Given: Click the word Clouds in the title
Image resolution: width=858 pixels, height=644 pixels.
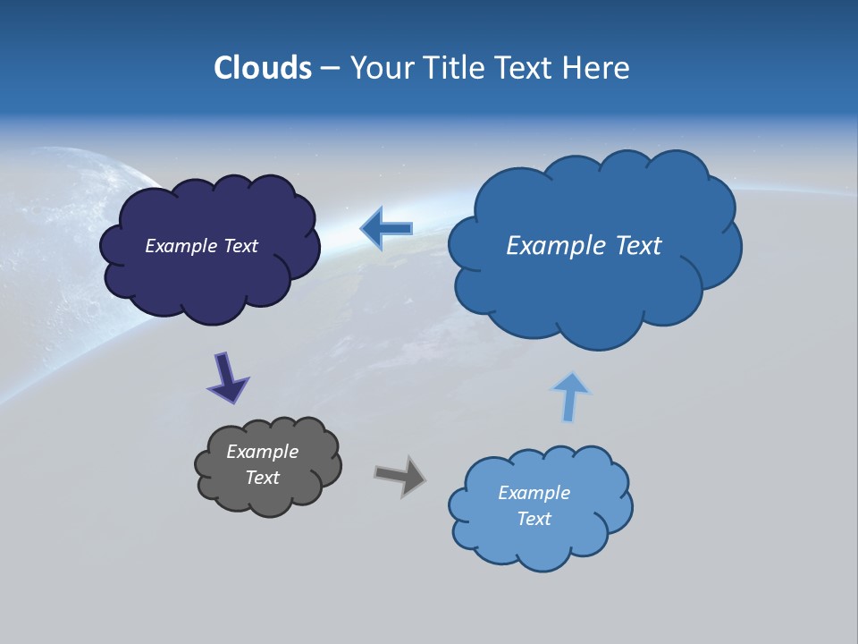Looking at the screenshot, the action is click(x=263, y=68).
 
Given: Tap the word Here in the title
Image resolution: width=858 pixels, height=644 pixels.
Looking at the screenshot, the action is click(x=595, y=68).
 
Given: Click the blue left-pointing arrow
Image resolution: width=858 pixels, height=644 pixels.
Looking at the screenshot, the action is click(x=387, y=229).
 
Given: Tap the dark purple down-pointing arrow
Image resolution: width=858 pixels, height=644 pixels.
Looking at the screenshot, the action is click(x=227, y=377).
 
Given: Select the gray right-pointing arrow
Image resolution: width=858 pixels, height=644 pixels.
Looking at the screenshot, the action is click(x=400, y=475).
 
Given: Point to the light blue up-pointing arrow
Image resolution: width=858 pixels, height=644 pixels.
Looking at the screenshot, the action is click(x=570, y=397).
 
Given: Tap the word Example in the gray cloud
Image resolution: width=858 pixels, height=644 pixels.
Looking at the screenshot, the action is click(x=262, y=452).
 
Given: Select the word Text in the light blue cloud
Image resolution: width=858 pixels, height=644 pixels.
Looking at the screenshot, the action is click(x=534, y=519).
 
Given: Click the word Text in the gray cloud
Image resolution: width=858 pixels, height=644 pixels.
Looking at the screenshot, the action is click(x=262, y=478).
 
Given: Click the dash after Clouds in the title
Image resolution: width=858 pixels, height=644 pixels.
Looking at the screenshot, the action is click(x=329, y=68).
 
